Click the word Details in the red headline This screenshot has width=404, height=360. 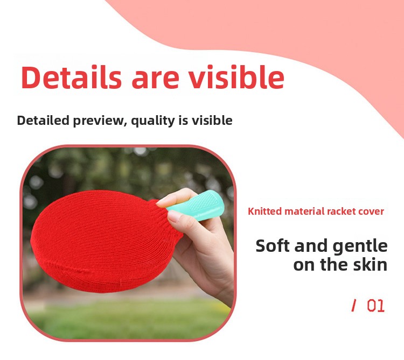coord(71,77)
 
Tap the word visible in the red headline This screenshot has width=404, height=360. coord(236,77)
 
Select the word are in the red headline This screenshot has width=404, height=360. coord(155,80)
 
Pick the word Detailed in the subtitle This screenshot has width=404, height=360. coord(43,120)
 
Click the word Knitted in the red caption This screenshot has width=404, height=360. coord(264,211)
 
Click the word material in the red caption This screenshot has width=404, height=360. coord(304,211)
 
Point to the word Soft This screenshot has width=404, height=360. coord(273,246)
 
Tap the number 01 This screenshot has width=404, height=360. coord(375,306)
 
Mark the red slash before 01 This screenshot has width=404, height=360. coord(354,306)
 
